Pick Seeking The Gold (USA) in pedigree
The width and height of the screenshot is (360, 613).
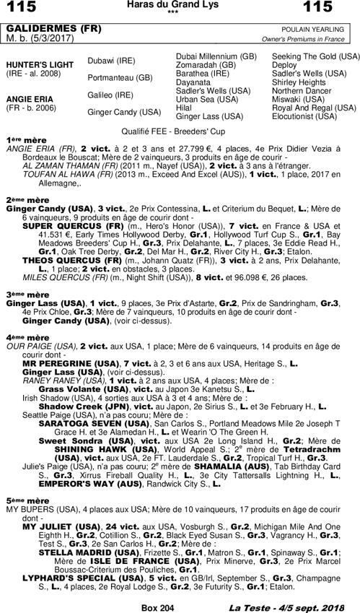coord(315,56)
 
